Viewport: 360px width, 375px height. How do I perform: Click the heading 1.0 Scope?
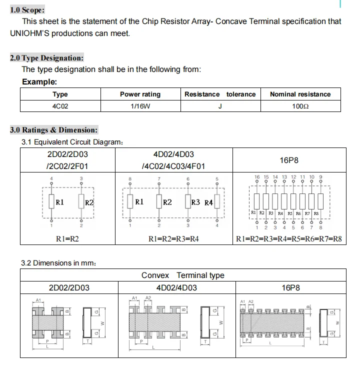click(x=27, y=9)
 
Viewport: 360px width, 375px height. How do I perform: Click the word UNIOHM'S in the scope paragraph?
click(x=30, y=33)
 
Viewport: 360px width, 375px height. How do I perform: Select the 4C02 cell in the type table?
click(x=60, y=106)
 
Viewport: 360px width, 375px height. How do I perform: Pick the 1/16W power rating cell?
click(x=140, y=106)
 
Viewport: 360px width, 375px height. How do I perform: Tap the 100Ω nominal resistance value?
click(x=300, y=106)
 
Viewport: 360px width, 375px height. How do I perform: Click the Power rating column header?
click(x=140, y=94)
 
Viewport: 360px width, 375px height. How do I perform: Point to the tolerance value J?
click(x=220, y=106)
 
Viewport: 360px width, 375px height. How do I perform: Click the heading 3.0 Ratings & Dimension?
click(x=54, y=130)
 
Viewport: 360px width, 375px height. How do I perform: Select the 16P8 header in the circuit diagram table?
click(x=289, y=160)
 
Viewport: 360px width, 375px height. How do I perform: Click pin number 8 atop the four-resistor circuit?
click(x=130, y=178)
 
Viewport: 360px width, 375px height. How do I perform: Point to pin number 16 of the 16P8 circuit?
click(x=257, y=177)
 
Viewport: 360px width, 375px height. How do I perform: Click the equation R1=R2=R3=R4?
click(x=173, y=239)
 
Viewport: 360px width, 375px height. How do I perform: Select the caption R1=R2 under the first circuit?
click(x=67, y=239)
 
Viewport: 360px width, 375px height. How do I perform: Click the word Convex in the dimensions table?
click(x=155, y=275)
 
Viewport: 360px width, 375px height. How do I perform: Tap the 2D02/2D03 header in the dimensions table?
click(x=68, y=287)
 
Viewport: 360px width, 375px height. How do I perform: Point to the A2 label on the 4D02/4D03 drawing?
click(x=148, y=297)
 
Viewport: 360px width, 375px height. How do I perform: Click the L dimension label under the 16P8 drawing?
click(x=270, y=343)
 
